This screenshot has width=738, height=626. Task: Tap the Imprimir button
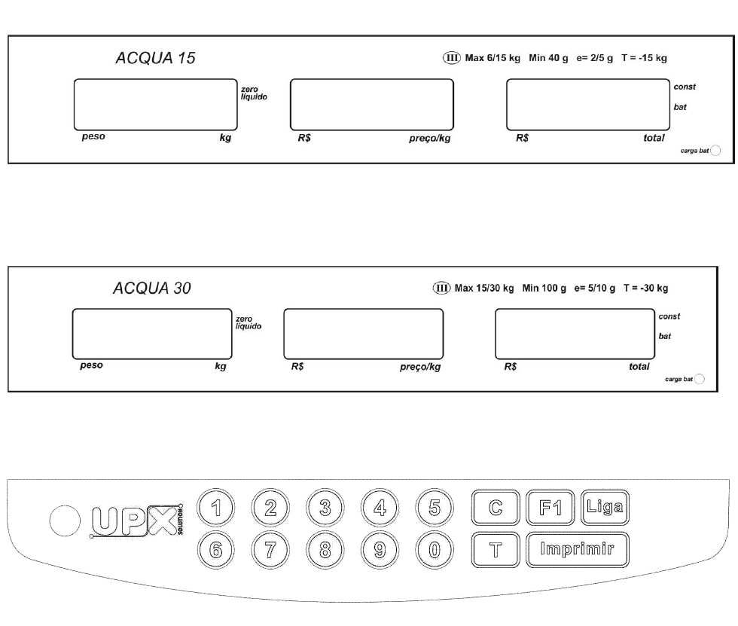577,549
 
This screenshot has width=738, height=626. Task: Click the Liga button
605,508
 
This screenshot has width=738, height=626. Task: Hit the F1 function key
550,508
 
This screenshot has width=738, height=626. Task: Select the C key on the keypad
496,508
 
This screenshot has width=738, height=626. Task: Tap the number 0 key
435,550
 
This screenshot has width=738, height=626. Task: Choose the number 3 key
325,508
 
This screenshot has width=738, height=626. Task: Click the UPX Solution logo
136,521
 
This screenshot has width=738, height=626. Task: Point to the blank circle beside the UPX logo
65,521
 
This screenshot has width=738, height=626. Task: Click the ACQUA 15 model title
155,58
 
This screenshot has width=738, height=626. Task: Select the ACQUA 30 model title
152,288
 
